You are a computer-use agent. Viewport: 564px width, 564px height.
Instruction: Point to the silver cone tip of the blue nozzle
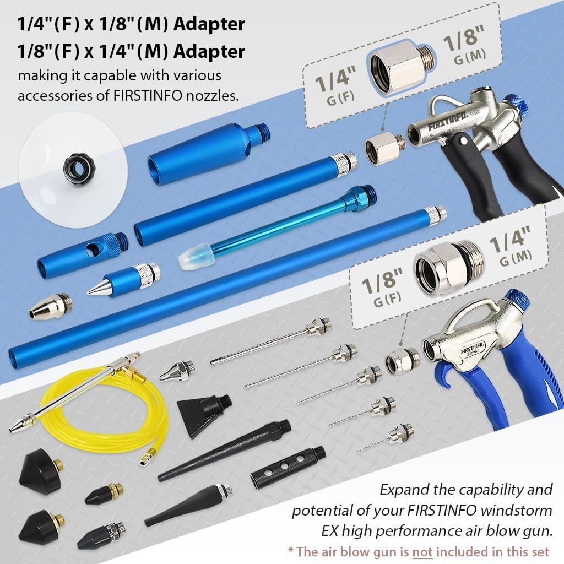pyautogui.click(x=97, y=287)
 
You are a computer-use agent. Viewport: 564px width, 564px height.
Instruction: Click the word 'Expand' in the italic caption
pyautogui.click(x=400, y=489)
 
